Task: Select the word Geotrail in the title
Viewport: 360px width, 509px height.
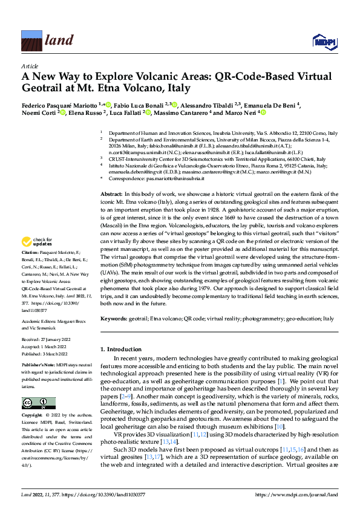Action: click(45, 88)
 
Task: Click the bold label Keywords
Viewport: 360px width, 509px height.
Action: click(114, 318)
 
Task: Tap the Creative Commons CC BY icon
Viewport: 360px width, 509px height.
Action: click(39, 403)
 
